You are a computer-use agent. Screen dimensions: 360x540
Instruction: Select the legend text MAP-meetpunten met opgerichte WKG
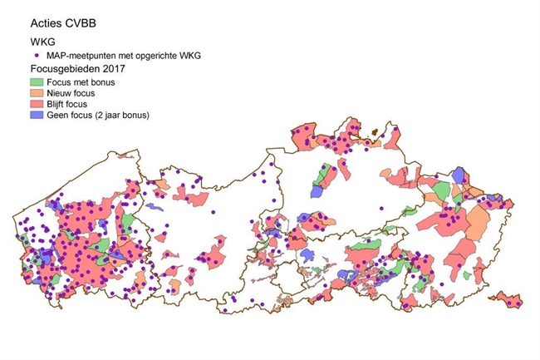[124, 55]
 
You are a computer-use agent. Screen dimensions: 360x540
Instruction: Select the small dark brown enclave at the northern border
[375, 131]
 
